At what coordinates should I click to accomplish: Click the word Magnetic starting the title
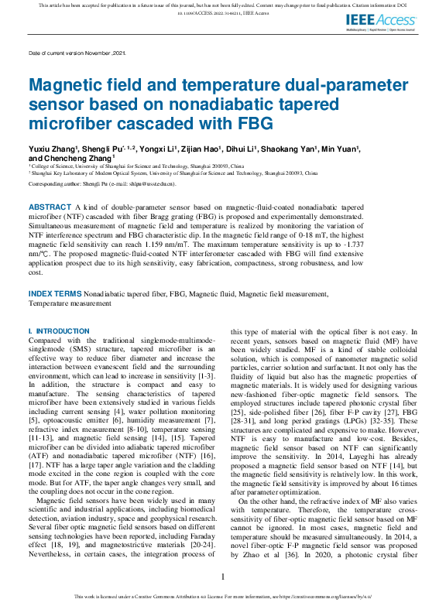coord(63,86)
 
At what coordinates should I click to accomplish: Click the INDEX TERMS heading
coord(54,295)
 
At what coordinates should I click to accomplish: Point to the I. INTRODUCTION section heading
coord(59,331)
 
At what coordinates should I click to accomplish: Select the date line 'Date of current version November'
coord(76,53)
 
